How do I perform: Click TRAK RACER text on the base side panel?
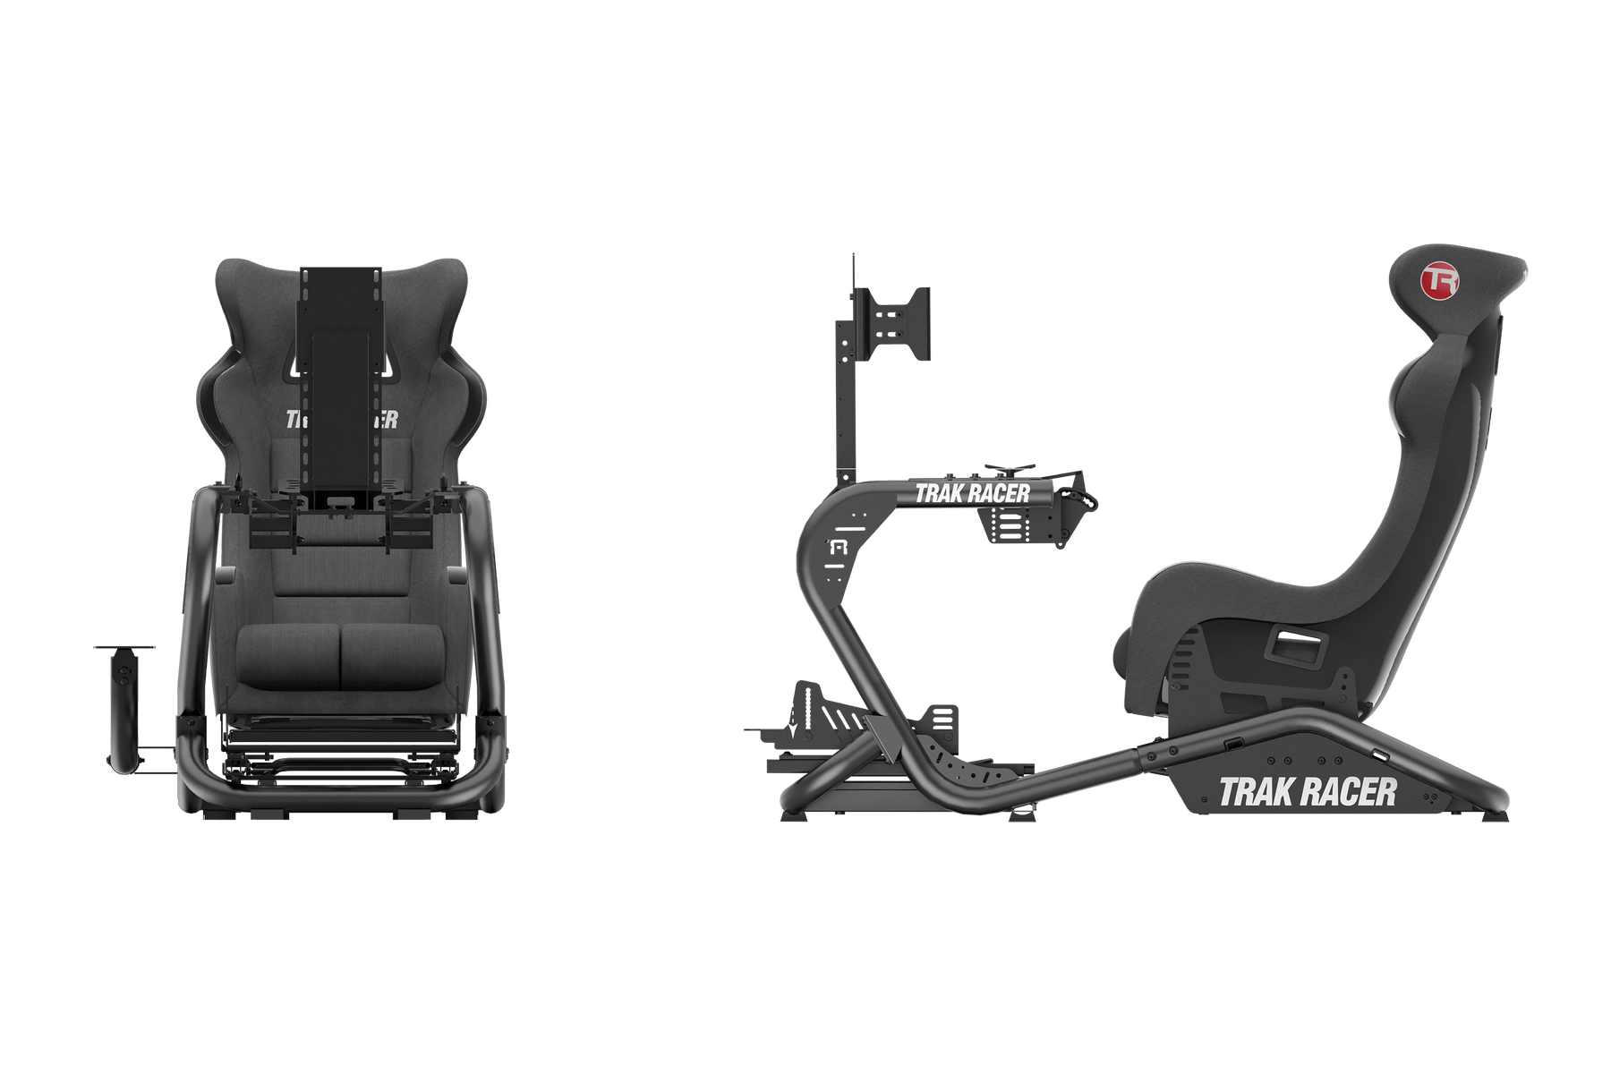1308,791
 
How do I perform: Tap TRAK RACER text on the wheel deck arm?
972,493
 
